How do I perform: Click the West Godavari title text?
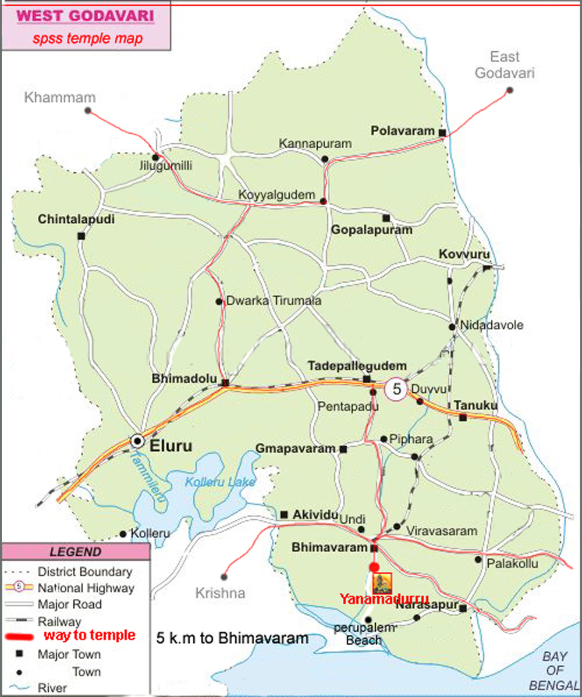point(86,15)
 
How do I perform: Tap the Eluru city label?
point(171,446)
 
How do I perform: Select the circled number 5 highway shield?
point(397,389)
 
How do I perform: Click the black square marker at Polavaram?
point(442,133)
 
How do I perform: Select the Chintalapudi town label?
point(76,220)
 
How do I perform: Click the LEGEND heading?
point(75,552)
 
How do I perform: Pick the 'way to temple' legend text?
point(89,635)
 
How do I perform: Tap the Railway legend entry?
point(59,621)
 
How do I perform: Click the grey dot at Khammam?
point(88,110)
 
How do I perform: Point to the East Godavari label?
point(504,65)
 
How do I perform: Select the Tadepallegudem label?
point(357,366)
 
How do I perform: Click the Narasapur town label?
point(425,606)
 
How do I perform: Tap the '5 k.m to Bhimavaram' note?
point(232,638)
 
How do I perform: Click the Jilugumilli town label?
point(166,166)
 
